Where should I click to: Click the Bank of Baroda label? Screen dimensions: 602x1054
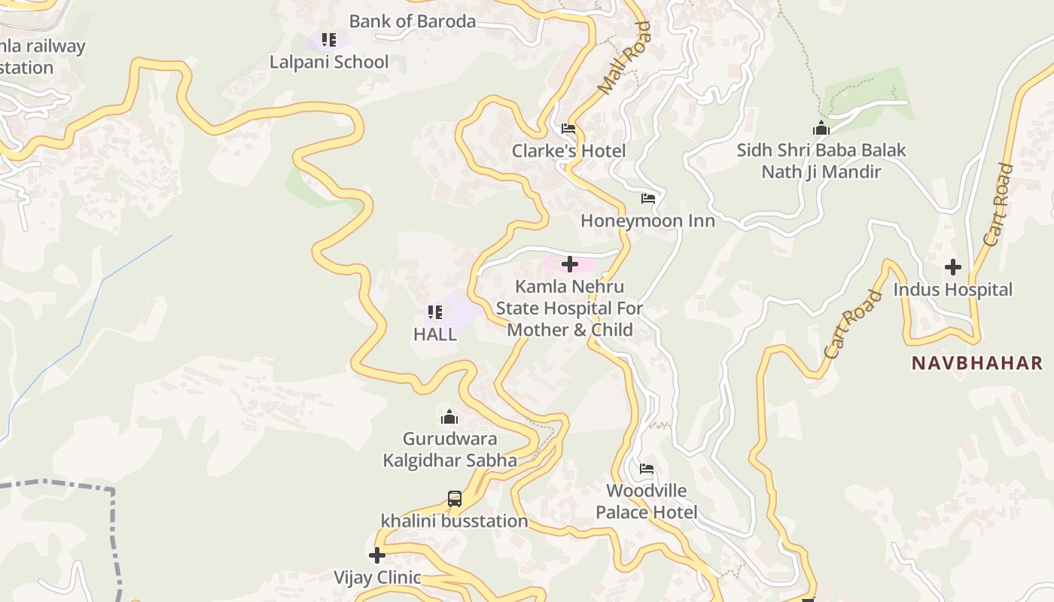click(412, 21)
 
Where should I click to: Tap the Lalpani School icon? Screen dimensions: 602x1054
click(328, 39)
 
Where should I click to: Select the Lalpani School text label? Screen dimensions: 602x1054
click(329, 62)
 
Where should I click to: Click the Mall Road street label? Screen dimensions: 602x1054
click(624, 59)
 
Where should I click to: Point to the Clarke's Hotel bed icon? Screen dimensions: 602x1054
click(568, 129)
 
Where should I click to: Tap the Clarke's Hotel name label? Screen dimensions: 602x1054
click(568, 151)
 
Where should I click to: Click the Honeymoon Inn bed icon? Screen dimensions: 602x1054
click(648, 199)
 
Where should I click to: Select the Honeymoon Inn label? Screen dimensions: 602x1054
click(647, 221)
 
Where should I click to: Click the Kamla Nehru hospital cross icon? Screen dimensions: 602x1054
click(570, 264)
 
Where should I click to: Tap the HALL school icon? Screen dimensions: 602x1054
click(434, 312)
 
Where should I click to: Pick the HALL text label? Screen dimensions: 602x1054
click(434, 334)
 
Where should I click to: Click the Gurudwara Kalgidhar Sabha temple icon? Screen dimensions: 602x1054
click(449, 417)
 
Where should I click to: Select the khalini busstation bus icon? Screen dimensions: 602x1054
click(455, 498)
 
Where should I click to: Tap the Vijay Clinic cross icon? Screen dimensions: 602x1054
click(377, 555)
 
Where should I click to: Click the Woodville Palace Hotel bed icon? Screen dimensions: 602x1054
click(647, 469)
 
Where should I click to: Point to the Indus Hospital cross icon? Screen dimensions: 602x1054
click(953, 267)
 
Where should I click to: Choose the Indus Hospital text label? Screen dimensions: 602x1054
click(952, 290)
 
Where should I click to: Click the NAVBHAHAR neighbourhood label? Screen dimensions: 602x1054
click(976, 363)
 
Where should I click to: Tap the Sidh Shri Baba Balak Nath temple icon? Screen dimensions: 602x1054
click(821, 128)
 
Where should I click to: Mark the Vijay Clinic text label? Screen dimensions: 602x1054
click(377, 578)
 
